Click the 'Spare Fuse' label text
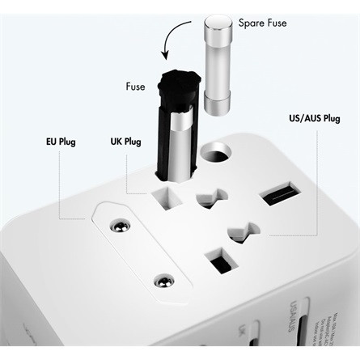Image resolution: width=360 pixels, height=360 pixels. click(262, 23)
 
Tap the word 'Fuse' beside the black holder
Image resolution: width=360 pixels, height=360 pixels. click(135, 86)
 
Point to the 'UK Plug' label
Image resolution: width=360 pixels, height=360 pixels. click(125, 142)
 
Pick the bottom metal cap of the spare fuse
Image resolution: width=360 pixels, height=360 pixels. click(219, 104)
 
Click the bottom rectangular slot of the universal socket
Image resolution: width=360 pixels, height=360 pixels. click(218, 260)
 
